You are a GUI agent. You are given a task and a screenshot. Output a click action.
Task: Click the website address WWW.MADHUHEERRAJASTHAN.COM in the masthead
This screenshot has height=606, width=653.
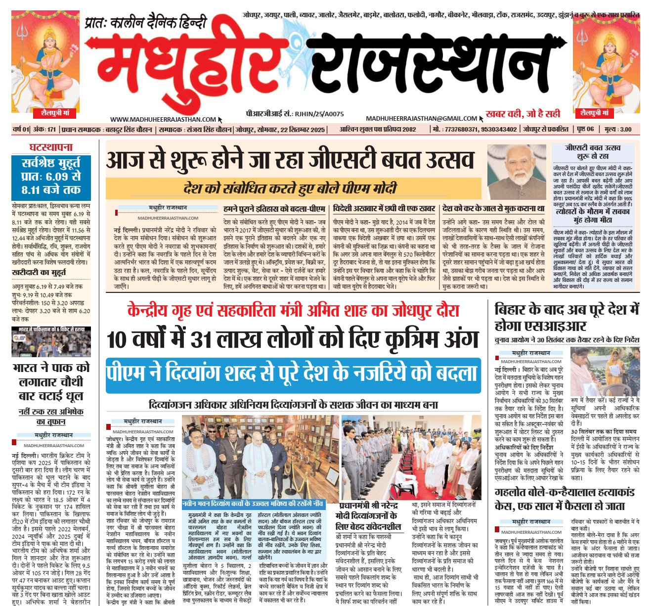click(163, 119)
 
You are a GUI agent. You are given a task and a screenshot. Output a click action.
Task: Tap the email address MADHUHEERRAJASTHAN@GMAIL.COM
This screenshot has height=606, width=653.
click(421, 119)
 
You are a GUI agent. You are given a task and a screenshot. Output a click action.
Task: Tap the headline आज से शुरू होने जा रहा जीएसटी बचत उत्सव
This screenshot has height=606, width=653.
click(290, 160)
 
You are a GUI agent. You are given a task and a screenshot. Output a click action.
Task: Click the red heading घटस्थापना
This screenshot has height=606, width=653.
click(51, 147)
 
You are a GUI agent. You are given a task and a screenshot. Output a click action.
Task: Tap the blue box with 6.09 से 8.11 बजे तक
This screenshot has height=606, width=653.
click(51, 176)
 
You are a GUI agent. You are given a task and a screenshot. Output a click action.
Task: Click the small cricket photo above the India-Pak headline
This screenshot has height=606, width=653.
click(51, 342)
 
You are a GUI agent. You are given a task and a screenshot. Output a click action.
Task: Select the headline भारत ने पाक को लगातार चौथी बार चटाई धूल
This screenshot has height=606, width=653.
click(51, 381)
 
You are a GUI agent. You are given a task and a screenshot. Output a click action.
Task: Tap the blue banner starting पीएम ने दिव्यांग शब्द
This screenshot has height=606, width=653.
click(293, 375)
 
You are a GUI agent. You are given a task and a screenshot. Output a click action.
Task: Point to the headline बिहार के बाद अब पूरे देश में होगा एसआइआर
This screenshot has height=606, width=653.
click(566, 318)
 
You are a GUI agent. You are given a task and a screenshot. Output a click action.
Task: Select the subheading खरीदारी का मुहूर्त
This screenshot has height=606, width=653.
click(39, 273)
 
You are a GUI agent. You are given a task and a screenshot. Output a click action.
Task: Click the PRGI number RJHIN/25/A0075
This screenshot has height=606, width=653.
click(319, 114)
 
